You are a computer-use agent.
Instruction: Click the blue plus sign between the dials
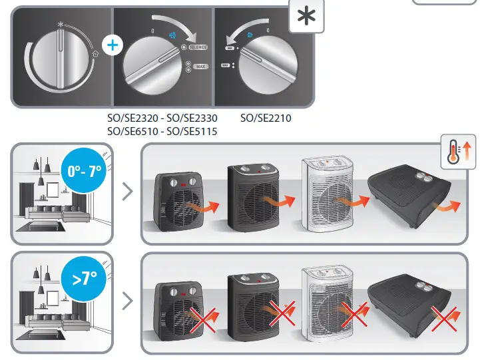(x=114, y=45)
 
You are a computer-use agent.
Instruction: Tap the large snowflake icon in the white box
(x=306, y=16)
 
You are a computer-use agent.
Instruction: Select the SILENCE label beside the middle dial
(x=198, y=49)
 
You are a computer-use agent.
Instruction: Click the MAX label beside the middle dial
(x=200, y=67)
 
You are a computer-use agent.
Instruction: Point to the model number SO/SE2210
(x=266, y=118)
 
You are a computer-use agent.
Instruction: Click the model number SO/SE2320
(x=133, y=118)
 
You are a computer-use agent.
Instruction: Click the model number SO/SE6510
(x=133, y=131)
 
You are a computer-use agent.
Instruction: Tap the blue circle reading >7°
(x=84, y=277)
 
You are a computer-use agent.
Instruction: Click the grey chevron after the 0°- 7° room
(x=128, y=194)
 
